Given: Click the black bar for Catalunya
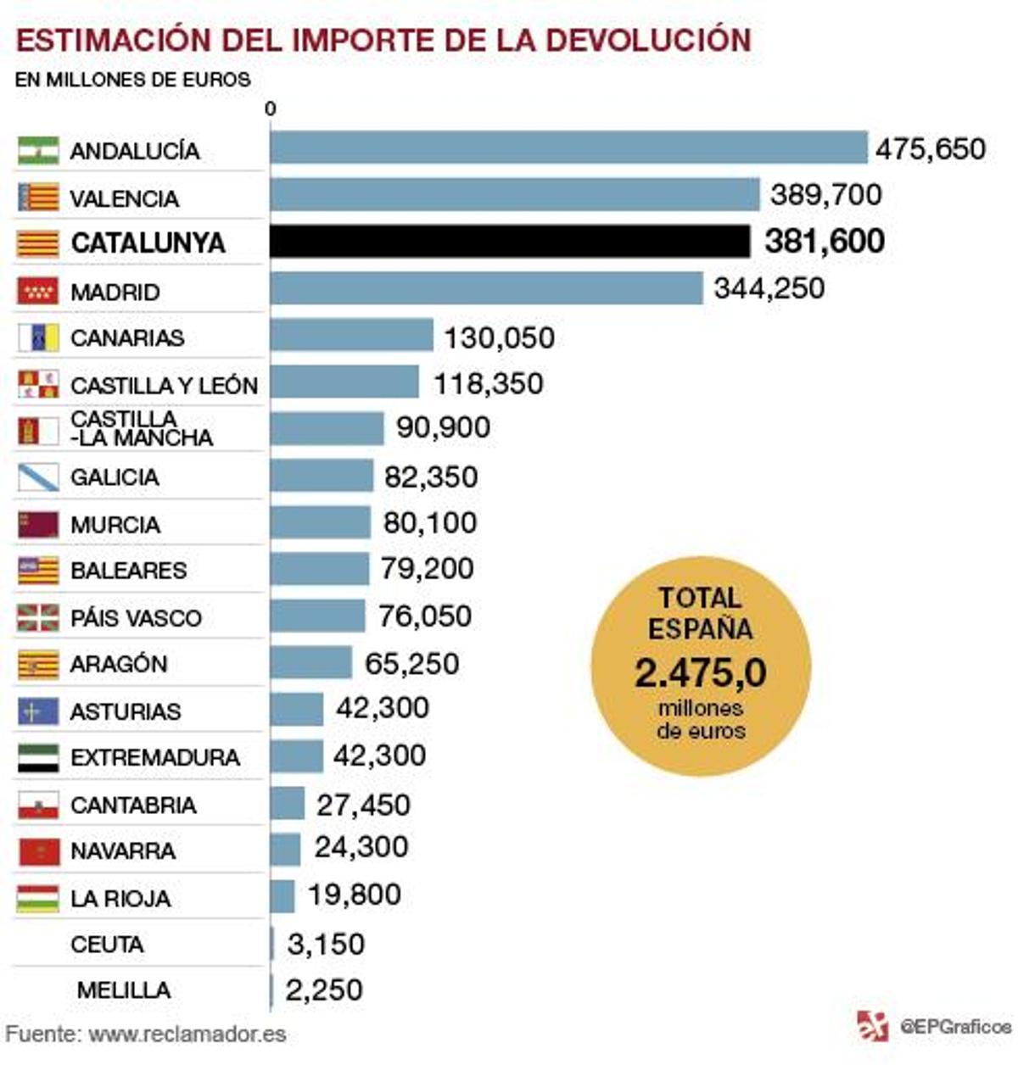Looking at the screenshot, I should click(x=510, y=242).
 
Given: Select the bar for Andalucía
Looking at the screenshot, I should click(x=568, y=148).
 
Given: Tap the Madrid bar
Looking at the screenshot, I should click(x=486, y=288).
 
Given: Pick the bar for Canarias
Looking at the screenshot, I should click(x=351, y=336).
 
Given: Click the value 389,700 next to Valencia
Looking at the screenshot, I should click(x=825, y=195).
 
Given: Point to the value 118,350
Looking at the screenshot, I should click(x=488, y=383).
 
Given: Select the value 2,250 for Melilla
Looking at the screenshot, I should click(x=323, y=990).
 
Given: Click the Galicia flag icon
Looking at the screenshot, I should click(x=38, y=477).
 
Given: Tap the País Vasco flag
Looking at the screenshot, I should click(x=38, y=617).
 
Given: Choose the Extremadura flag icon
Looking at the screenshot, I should click(x=38, y=758).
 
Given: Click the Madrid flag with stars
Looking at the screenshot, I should click(x=38, y=291).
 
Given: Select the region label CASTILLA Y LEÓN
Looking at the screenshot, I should click(x=164, y=386).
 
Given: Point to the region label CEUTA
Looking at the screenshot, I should click(x=107, y=944).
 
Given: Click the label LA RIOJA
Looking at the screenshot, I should click(x=120, y=898).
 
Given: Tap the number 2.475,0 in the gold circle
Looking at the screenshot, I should click(x=700, y=673).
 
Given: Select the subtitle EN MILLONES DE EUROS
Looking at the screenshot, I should click(x=133, y=81).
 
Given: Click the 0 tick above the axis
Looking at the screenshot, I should click(x=271, y=109).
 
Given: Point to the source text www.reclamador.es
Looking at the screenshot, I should click(x=187, y=1034).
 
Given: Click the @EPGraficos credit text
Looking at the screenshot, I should click(x=955, y=1027).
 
